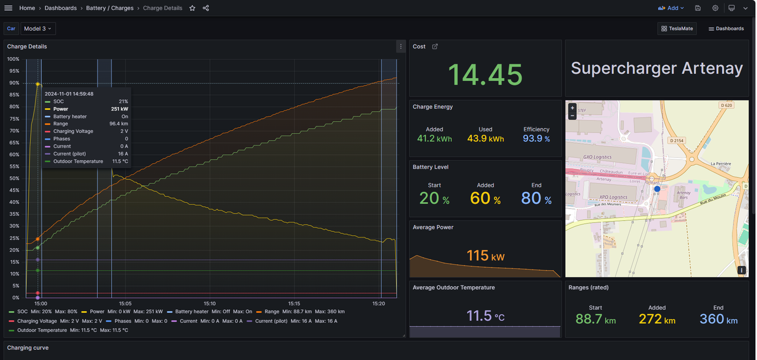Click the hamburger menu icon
click(8, 8)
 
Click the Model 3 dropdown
click(37, 28)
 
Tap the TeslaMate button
click(677, 28)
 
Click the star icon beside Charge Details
click(192, 8)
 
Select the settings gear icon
click(715, 8)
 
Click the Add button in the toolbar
click(671, 8)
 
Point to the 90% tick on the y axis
click(13, 83)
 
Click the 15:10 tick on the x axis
click(209, 304)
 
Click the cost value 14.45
click(485, 75)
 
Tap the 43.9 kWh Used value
click(485, 139)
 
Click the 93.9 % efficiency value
click(536, 139)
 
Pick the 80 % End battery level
click(536, 199)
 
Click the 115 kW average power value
click(485, 256)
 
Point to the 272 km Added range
click(656, 319)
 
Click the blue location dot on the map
click(656, 189)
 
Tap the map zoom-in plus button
click(572, 108)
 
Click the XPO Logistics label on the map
click(613, 197)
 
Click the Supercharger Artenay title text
click(656, 69)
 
